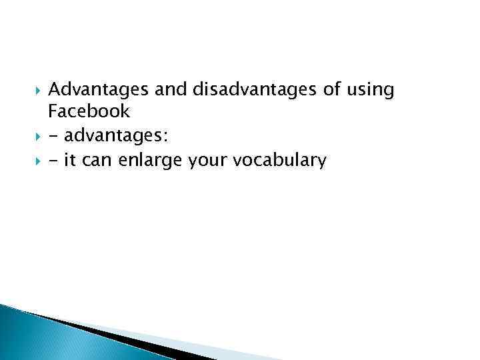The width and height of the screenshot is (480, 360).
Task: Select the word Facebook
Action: [x=89, y=112]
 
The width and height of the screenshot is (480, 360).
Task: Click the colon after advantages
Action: [x=166, y=137]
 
